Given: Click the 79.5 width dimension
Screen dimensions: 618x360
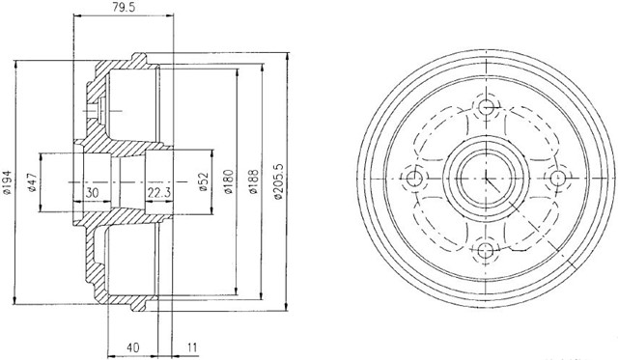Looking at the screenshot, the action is coord(124,8).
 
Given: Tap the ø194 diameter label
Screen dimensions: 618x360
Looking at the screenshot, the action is coord(8,182).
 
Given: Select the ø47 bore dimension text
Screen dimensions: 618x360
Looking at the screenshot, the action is coord(32,182).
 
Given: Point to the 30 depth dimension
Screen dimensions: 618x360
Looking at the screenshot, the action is coord(93,193).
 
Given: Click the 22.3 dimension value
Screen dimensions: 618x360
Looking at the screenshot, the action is coord(159,193).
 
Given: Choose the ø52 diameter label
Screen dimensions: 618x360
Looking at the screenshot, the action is coord(203,182).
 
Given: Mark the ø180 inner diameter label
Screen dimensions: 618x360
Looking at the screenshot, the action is coord(229,181).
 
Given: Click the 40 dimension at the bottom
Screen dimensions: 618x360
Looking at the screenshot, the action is coord(133,347).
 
